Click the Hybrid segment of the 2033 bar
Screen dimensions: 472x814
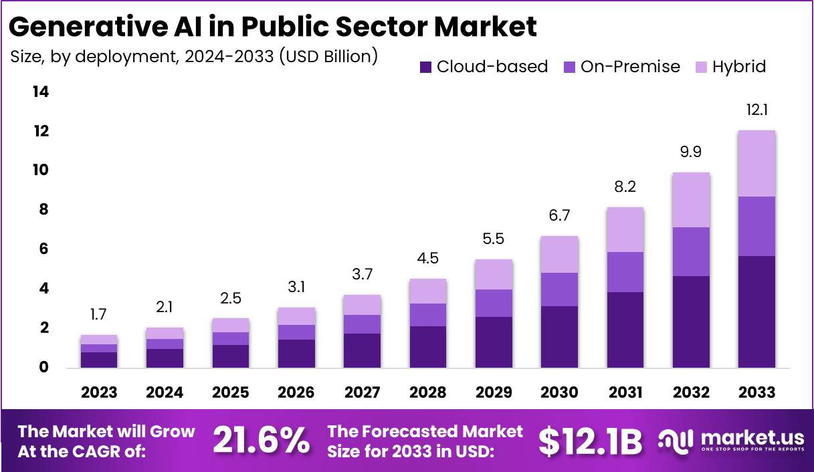[x=756, y=163]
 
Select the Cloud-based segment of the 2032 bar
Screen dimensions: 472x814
[x=691, y=322]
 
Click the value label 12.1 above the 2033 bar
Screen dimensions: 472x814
[x=756, y=110]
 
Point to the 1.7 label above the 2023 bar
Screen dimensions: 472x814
[x=99, y=314]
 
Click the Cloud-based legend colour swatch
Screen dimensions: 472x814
[x=425, y=67]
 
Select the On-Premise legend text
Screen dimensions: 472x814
[x=630, y=67]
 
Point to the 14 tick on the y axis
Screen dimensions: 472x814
[x=41, y=92]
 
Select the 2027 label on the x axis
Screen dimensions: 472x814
[x=361, y=392]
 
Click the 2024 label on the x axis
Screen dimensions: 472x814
[x=165, y=392]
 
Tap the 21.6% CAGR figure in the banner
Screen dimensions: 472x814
[x=261, y=441]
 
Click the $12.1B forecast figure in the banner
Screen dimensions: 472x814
[x=590, y=441]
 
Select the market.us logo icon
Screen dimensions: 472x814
[x=674, y=440]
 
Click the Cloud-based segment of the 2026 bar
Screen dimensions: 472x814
[x=296, y=354]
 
